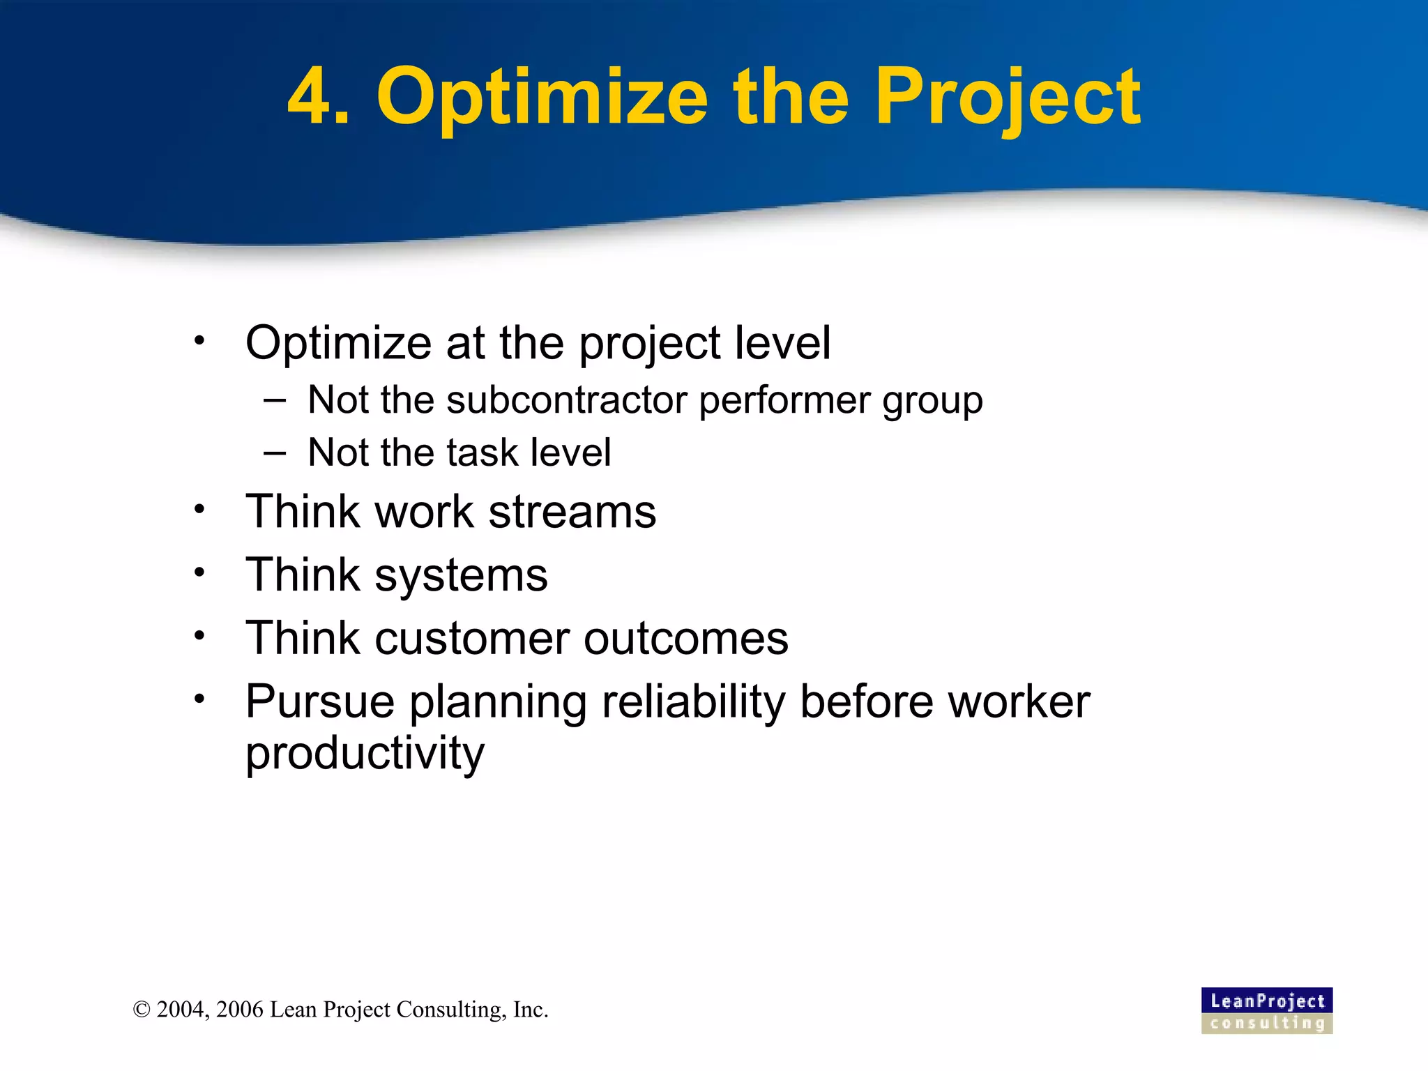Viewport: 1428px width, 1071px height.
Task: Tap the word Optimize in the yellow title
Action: click(542, 98)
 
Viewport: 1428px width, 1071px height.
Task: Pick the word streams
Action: click(572, 512)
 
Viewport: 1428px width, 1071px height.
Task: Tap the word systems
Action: click(461, 576)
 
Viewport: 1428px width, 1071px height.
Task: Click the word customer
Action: click(473, 639)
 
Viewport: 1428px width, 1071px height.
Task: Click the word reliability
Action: click(694, 701)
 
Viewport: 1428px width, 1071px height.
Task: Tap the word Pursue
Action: click(320, 701)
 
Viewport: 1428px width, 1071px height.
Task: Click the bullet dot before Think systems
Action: click(199, 572)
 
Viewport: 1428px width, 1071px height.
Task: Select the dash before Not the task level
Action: click(275, 453)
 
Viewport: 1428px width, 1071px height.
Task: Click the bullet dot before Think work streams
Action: click(199, 509)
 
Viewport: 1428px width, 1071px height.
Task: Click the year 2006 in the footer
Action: click(240, 1010)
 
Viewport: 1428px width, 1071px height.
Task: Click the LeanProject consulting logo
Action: click(1266, 1010)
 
